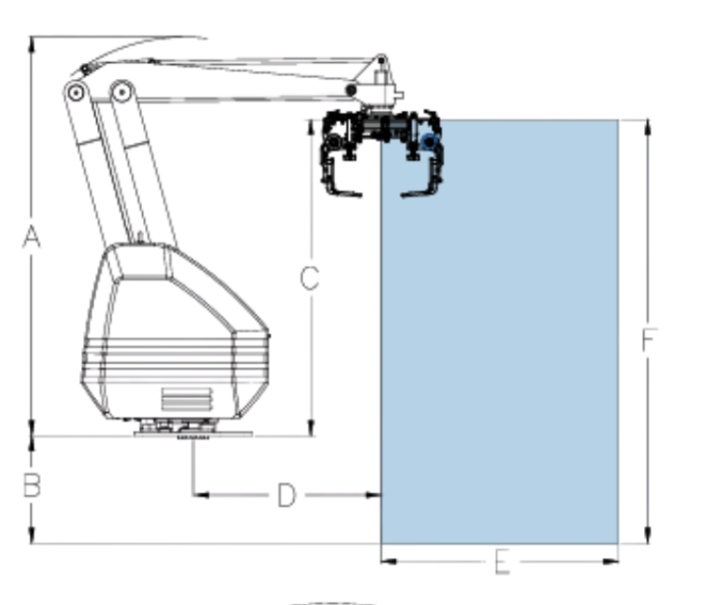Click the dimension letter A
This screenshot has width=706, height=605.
click(31, 237)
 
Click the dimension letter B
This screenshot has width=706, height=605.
click(31, 486)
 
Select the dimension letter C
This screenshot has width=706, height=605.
click(310, 278)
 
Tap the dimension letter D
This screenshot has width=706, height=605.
click(287, 495)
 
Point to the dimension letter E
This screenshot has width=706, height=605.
click(503, 563)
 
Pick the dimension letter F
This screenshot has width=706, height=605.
click(649, 340)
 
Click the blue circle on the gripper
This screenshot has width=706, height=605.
click(429, 142)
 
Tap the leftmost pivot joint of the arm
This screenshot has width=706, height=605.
click(75, 94)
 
